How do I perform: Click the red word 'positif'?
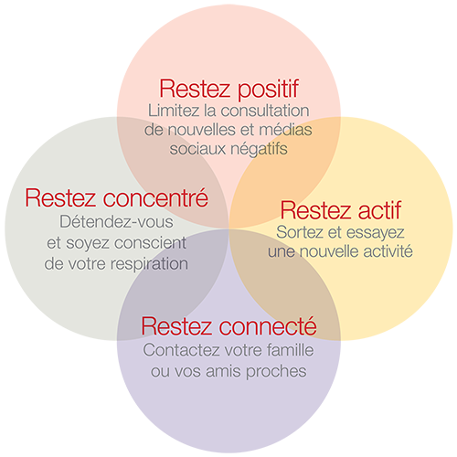coord(268,90)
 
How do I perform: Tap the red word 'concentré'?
coord(155,197)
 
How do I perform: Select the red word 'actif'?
coord(379,210)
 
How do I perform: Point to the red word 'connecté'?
coord(268,326)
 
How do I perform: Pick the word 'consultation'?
coord(265,111)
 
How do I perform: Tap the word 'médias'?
coord(285,130)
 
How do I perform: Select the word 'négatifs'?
coord(259,149)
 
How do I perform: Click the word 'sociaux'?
coord(198,149)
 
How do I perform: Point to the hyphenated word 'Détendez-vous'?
coord(116,221)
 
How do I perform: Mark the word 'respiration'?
coord(149,264)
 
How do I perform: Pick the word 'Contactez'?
coord(182,350)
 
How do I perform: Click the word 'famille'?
coord(291,350)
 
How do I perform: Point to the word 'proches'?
coord(276,372)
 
